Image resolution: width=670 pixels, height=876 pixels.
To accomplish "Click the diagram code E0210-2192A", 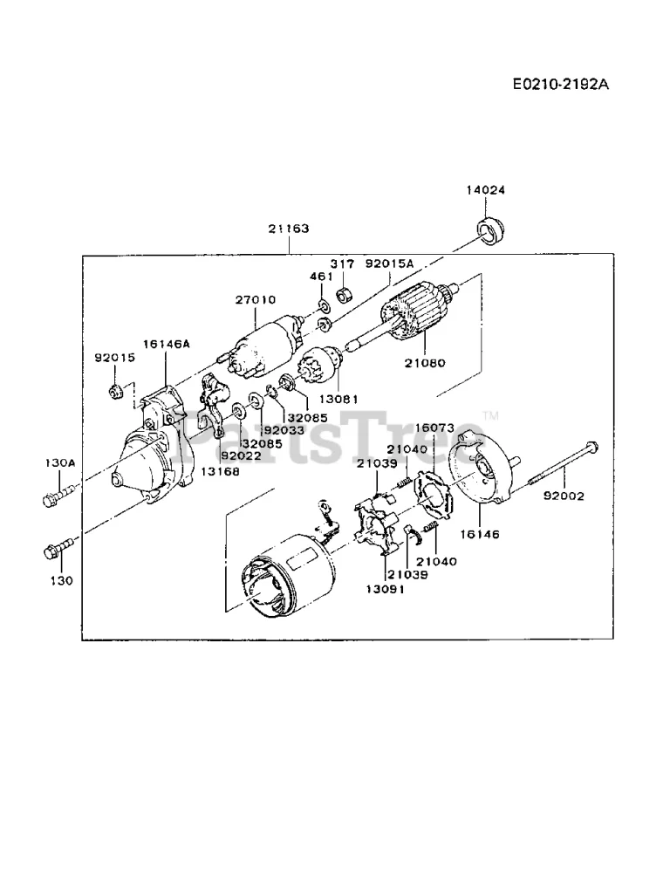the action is coord(560,85).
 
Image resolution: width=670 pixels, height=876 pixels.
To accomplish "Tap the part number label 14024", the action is coord(486,190).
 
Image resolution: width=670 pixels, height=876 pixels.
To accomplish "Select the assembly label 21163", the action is coord(289,229).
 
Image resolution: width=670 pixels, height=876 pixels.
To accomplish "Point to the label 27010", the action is coord(256,300).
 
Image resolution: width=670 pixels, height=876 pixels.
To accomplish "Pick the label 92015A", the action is coord(389,263).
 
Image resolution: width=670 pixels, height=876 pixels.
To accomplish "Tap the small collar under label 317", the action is coord(343,293).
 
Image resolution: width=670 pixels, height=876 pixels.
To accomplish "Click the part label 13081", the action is coord(338,400).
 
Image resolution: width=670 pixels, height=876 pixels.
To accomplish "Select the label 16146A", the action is coord(167,344).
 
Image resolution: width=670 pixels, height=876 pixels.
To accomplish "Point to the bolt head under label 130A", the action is coord(49,499).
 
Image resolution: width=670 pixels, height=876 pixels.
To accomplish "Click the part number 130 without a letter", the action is coord(61,581).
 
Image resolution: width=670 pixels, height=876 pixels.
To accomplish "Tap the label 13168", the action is coord(220,471).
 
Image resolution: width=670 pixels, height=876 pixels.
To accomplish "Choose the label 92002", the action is coord(564,496).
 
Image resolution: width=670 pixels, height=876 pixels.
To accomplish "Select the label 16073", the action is coord(434,428).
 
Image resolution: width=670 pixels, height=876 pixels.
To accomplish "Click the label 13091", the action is coord(386,589).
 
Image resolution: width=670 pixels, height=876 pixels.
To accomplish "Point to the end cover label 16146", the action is coord(480,535).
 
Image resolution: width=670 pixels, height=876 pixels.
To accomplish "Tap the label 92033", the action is coord(284,431).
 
